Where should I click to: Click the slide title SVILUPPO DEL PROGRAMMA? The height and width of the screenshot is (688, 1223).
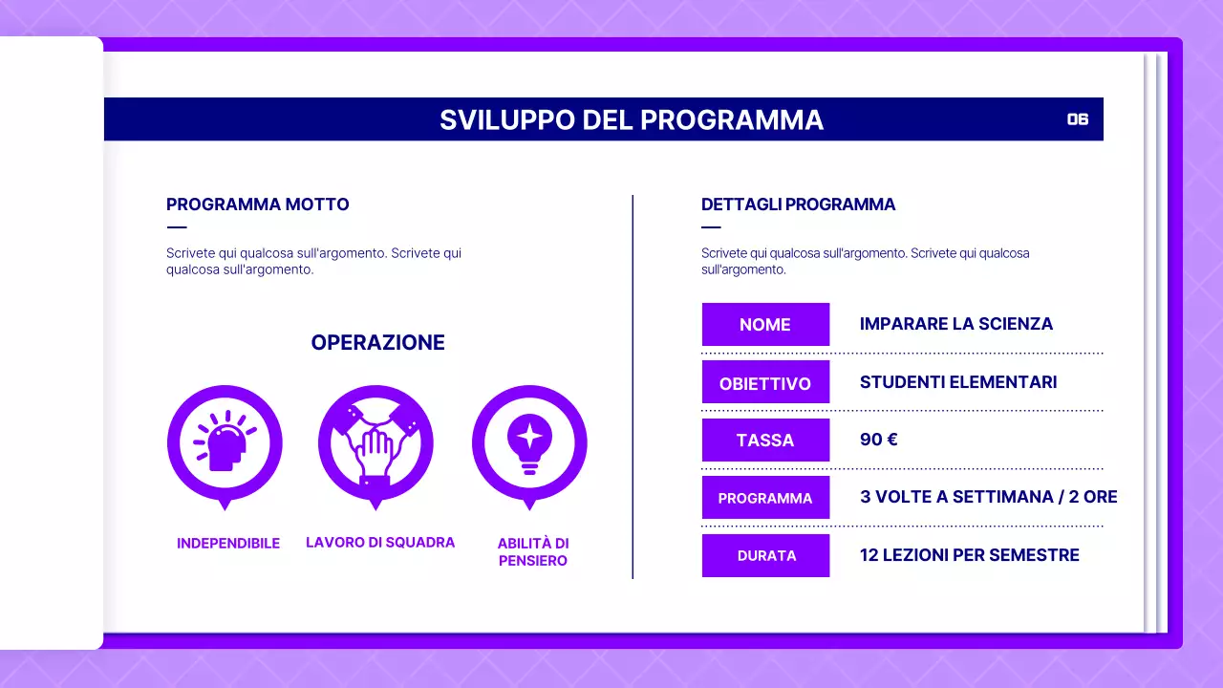(631, 119)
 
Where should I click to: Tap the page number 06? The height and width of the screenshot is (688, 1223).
(1078, 119)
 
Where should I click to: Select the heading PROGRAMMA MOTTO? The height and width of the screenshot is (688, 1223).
(258, 204)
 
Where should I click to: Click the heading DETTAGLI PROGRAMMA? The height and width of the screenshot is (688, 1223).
(798, 204)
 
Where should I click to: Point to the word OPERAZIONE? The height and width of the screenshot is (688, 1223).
(377, 342)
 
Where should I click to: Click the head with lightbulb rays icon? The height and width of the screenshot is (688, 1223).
(225, 442)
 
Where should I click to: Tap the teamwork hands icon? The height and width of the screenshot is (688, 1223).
(375, 442)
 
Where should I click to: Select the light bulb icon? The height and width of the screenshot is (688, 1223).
(529, 442)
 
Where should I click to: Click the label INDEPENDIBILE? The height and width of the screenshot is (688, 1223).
(228, 543)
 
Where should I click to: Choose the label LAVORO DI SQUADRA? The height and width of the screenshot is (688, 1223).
(380, 542)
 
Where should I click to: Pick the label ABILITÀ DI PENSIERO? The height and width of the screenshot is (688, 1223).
(533, 551)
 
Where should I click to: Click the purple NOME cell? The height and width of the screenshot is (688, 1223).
(765, 324)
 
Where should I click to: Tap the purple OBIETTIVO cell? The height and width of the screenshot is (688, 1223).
(765, 383)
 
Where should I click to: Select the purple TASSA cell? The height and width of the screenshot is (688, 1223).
(765, 441)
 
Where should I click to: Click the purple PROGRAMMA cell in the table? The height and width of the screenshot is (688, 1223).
(765, 498)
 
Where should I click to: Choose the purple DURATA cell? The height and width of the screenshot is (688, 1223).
(765, 555)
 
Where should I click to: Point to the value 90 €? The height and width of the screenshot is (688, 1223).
(878, 440)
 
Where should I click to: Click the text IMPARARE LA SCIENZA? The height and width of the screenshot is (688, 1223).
(955, 324)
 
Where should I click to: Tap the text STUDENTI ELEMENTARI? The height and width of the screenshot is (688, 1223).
(957, 382)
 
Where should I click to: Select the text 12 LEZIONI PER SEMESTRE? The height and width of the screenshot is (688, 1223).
(969, 555)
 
